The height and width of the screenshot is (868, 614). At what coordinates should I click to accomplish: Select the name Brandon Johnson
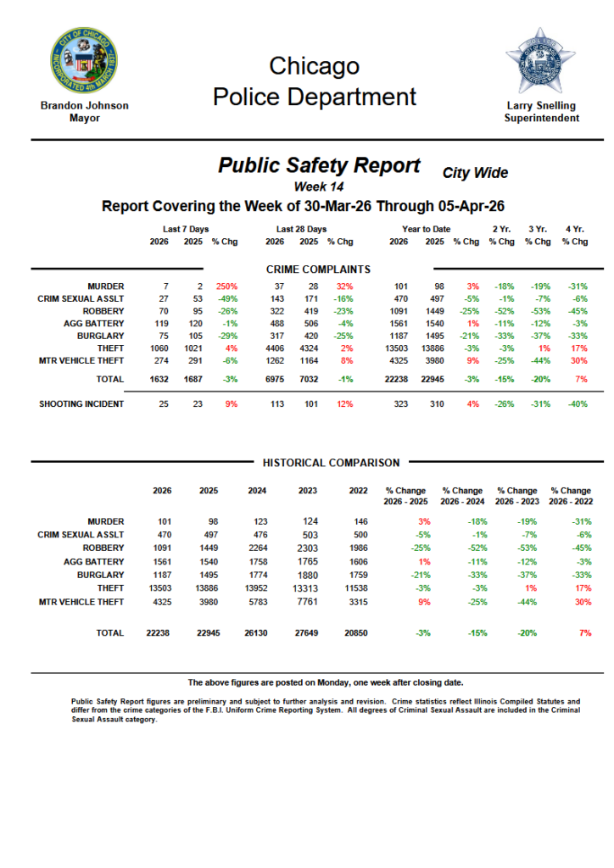coord(85,105)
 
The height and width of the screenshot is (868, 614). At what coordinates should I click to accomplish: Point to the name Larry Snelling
coord(541,105)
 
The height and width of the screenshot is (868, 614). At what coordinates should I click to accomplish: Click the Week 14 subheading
coord(318,186)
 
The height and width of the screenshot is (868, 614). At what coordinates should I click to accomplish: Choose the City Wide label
coord(475,173)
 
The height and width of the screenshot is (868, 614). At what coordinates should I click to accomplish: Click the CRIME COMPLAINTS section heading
coord(318,270)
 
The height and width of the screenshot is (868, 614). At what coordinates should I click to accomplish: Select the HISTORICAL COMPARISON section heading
coord(331,463)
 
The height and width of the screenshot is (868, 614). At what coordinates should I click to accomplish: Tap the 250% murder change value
coord(226,287)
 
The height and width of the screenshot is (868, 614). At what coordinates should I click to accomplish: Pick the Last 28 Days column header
coord(301,229)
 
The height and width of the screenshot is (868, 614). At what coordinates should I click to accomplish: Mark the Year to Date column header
coord(427,229)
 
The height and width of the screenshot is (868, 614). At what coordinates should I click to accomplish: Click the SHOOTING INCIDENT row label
coord(81,403)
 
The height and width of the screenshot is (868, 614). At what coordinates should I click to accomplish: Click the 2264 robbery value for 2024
coord(256,548)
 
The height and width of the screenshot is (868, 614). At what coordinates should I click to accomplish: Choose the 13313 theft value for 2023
coord(307,588)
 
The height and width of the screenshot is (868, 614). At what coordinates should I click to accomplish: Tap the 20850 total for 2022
coord(357,633)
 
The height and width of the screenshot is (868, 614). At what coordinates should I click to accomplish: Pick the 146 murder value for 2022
coord(361,521)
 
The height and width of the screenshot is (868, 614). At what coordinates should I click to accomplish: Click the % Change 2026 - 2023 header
coord(516,496)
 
